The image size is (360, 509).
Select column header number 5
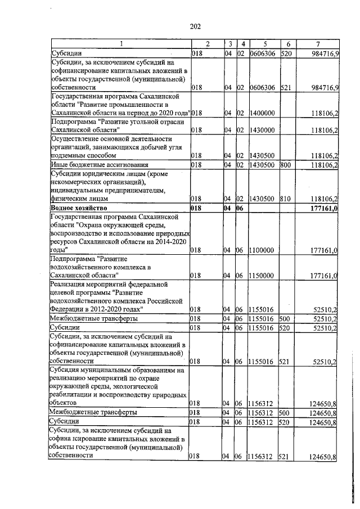pyautogui.click(x=264, y=44)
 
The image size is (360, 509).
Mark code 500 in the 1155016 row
pyautogui.click(x=285, y=318)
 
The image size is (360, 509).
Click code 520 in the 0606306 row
pyautogui.click(x=285, y=53)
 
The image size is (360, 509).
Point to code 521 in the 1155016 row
pyautogui.click(x=285, y=361)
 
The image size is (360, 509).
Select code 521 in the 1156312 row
pyautogui.click(x=285, y=456)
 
